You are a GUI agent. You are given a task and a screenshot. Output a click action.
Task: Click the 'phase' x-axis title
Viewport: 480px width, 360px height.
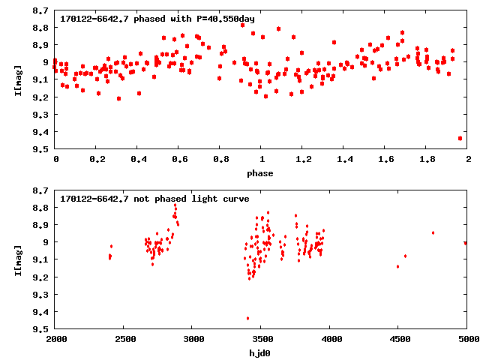pos(261,173)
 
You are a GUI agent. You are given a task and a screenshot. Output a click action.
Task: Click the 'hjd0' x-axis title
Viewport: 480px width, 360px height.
pos(261,352)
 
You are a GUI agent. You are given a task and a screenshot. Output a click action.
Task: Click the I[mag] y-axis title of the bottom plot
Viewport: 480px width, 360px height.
pos(17,259)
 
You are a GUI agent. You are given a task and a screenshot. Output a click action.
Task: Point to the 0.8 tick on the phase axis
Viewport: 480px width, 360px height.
pos(220,160)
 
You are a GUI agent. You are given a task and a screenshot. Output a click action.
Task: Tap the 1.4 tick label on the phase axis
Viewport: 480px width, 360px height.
pos(344,160)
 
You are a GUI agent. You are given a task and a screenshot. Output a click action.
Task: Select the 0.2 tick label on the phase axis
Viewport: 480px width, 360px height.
pos(97,160)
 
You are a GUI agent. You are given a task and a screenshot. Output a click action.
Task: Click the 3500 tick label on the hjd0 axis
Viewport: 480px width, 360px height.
pos(261,340)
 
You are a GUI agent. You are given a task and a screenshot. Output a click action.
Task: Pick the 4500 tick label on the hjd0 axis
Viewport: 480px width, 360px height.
pos(398,340)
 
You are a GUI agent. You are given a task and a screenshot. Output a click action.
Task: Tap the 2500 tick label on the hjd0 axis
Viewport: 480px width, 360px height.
pos(124,340)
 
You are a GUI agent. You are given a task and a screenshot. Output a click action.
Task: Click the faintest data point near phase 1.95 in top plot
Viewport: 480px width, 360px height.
pos(460,138)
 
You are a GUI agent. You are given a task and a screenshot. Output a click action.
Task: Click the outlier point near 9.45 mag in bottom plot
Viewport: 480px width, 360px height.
pos(247,318)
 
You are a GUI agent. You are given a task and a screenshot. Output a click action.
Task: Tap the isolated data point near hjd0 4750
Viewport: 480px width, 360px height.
pos(433,232)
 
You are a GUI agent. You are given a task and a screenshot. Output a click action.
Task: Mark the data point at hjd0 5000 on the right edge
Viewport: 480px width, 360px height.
pos(466,242)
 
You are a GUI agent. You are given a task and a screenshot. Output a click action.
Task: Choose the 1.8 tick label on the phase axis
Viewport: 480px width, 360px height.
pos(427,160)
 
